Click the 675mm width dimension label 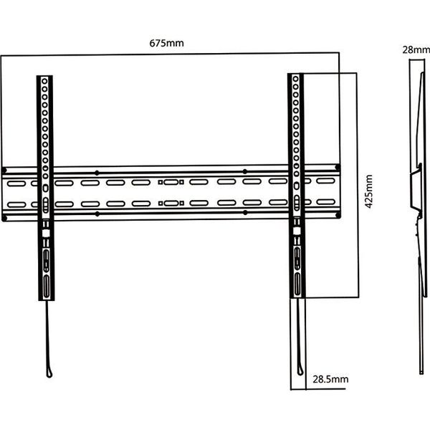(x=166, y=43)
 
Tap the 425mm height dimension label (x=369, y=191)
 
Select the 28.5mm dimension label (x=330, y=379)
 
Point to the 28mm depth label (x=416, y=50)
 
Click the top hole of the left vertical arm (x=44, y=81)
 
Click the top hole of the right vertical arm (x=295, y=80)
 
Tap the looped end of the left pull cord (x=49, y=373)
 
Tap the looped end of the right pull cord (x=300, y=371)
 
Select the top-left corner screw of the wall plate (x=4, y=171)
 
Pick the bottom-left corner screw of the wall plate (x=4, y=219)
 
